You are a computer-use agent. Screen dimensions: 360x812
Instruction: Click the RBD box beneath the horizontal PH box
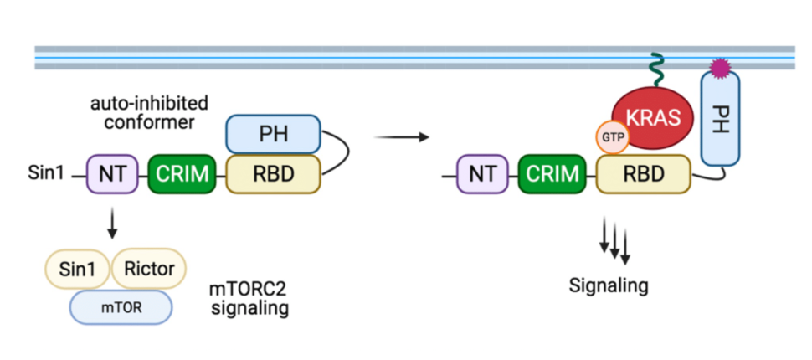tap(272, 174)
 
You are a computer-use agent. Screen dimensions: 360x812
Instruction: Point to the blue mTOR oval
tap(121, 307)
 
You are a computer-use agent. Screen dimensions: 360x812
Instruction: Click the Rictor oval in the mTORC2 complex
tap(149, 269)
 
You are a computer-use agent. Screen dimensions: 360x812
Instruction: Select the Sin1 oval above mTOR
tap(77, 269)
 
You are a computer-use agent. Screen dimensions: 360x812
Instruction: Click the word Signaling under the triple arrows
tap(609, 285)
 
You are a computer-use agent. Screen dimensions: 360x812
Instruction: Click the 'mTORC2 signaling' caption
tap(249, 299)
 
